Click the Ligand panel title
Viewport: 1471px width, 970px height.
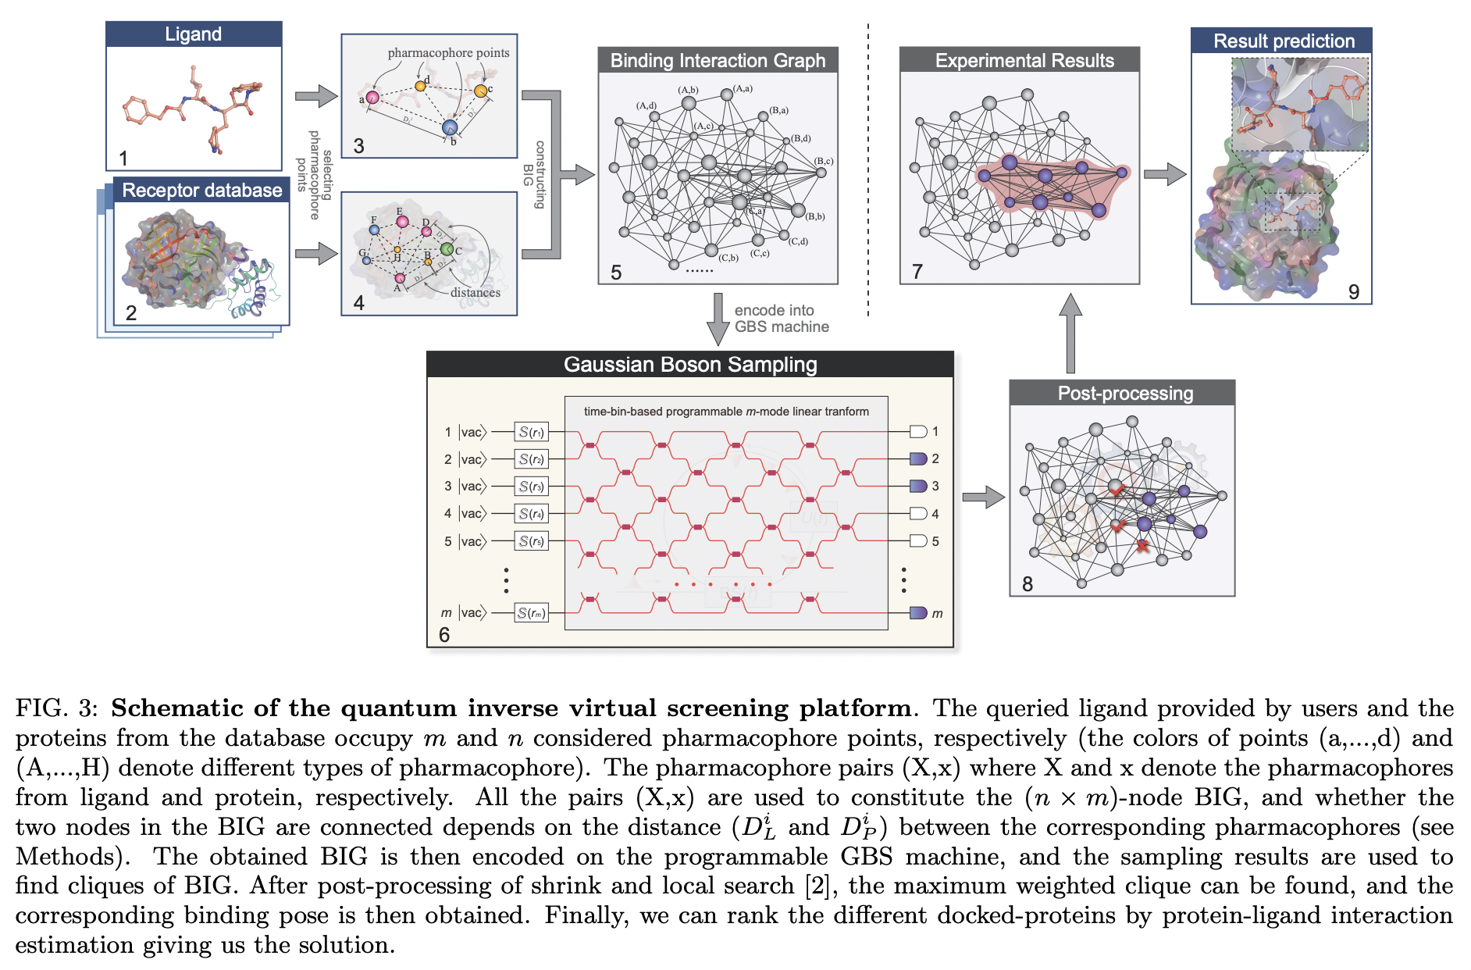pyautogui.click(x=193, y=34)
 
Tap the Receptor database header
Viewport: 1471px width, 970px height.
pyautogui.click(x=201, y=191)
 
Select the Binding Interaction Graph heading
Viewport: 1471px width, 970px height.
pyautogui.click(x=718, y=61)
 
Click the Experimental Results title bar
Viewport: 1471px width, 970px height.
pyautogui.click(x=1024, y=61)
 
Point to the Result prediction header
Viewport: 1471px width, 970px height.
pyautogui.click(x=1283, y=41)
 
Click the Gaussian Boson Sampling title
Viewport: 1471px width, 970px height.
pyautogui.click(x=690, y=365)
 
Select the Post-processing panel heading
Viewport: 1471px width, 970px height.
pyautogui.click(x=1124, y=394)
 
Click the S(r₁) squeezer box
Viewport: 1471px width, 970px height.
pyautogui.click(x=531, y=432)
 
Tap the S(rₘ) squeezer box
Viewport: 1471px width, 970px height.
pyautogui.click(x=531, y=613)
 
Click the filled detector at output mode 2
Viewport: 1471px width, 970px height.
pyautogui.click(x=918, y=459)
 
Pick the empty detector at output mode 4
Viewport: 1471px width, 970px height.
pyautogui.click(x=918, y=514)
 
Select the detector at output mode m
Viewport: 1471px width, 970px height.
pyautogui.click(x=918, y=613)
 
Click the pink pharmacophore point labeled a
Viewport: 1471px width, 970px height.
pyautogui.click(x=372, y=98)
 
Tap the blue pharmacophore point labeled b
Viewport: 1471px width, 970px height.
pyautogui.click(x=449, y=127)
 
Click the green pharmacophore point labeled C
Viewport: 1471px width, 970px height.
pyautogui.click(x=447, y=249)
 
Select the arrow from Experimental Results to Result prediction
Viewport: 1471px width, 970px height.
pyautogui.click(x=1165, y=174)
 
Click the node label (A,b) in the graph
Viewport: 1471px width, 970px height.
pyautogui.click(x=688, y=91)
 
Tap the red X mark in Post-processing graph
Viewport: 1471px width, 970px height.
pyautogui.click(x=1142, y=546)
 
